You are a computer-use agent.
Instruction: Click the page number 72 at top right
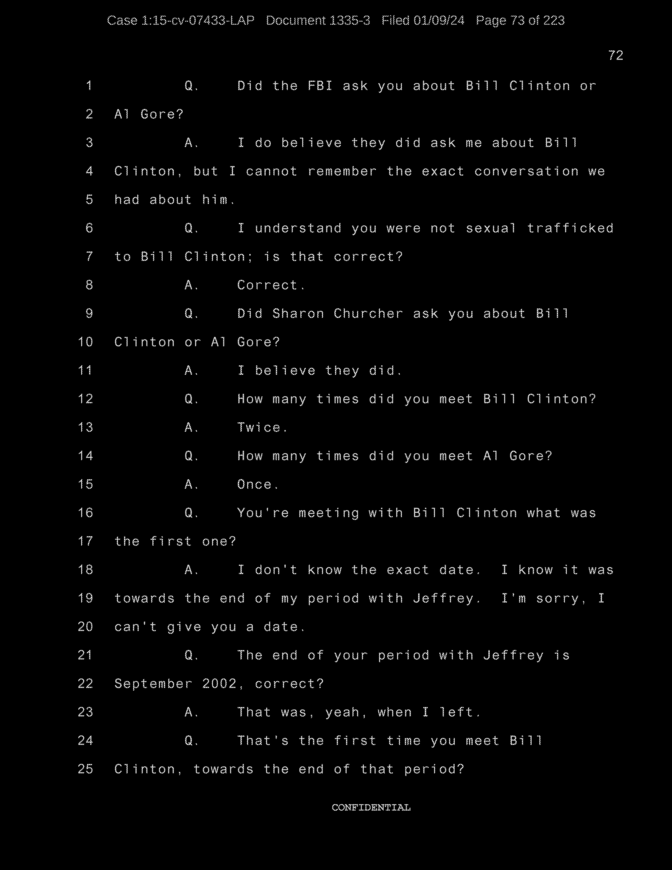pyautogui.click(x=615, y=55)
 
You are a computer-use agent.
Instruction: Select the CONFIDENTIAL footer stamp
pyautogui.click(x=371, y=808)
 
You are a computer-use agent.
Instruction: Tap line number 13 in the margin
pyautogui.click(x=86, y=427)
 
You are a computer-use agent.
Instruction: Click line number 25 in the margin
pyautogui.click(x=86, y=769)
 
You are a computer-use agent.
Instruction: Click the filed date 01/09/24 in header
pyautogui.click(x=439, y=20)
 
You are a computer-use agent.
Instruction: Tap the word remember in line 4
pyautogui.click(x=342, y=171)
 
